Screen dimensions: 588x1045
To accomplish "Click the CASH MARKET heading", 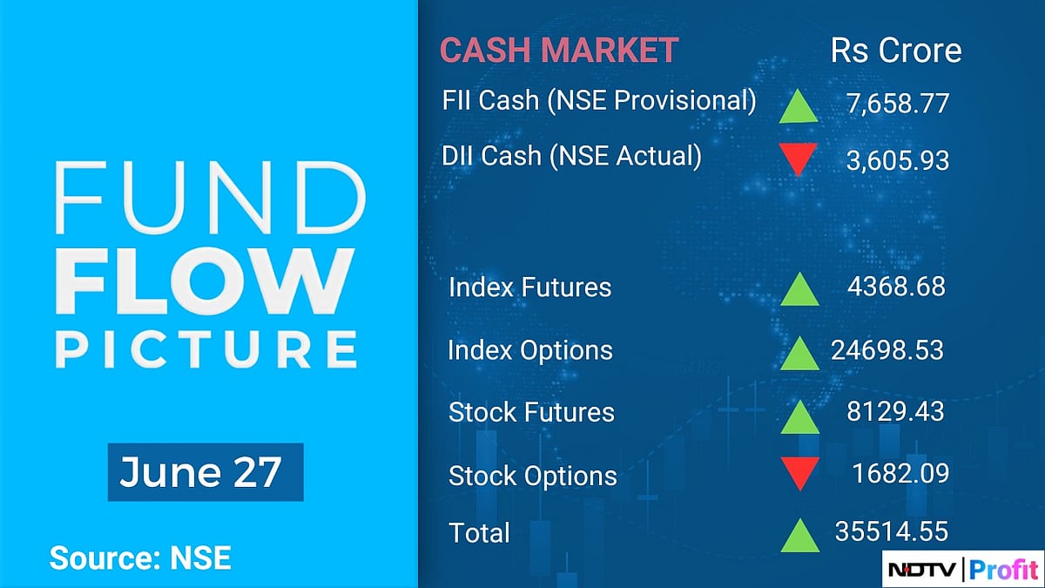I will (x=558, y=50).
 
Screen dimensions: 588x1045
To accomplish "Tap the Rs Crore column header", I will (x=896, y=50).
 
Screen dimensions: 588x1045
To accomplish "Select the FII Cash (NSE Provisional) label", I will (x=599, y=100).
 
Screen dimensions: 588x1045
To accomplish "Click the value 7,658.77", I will (x=897, y=105).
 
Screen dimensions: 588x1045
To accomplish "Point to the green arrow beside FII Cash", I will (x=799, y=106).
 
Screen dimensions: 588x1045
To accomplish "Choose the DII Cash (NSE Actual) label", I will (x=571, y=156).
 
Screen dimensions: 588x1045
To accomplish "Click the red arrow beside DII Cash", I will (x=799, y=159).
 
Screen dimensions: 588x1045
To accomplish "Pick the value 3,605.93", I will (x=897, y=160).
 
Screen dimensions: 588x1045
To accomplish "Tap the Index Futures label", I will (x=529, y=287).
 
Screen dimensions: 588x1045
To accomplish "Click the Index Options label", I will (x=529, y=350).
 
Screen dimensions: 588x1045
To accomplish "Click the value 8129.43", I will (x=895, y=411).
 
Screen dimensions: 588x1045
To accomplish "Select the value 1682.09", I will (x=900, y=473).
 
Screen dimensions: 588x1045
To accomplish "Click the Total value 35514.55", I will (x=892, y=531).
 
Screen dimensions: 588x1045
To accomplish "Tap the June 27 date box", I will (x=205, y=472).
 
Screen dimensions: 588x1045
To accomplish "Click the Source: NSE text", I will (x=140, y=558).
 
